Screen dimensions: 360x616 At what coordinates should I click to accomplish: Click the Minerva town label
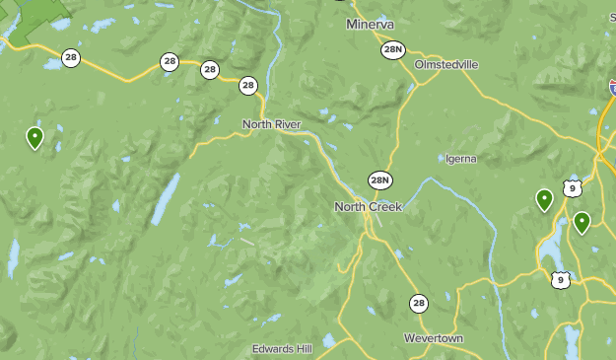pyautogui.click(x=370, y=24)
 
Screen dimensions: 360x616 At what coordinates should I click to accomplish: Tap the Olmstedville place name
pyautogui.click(x=446, y=64)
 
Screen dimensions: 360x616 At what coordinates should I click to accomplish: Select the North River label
pyautogui.click(x=271, y=124)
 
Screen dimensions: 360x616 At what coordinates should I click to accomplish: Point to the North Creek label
pyautogui.click(x=369, y=206)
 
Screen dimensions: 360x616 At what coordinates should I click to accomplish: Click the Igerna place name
pyautogui.click(x=460, y=158)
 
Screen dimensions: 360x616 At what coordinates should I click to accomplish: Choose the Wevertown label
pyautogui.click(x=433, y=338)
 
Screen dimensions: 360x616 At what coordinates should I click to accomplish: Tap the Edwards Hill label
pyautogui.click(x=282, y=349)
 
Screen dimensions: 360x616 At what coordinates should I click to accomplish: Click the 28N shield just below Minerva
pyautogui.click(x=393, y=49)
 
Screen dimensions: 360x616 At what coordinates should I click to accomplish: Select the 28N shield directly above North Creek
pyautogui.click(x=380, y=180)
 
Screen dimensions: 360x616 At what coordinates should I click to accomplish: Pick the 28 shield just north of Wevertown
pyautogui.click(x=419, y=303)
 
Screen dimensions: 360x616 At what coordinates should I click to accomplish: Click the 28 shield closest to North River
pyautogui.click(x=247, y=86)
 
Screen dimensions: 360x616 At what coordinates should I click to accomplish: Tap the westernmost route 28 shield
pyautogui.click(x=71, y=57)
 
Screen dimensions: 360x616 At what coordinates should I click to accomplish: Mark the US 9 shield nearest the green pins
pyautogui.click(x=572, y=186)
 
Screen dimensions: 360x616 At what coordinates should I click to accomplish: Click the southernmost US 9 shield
pyautogui.click(x=561, y=280)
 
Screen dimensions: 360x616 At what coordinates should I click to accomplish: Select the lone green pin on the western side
pyautogui.click(x=35, y=137)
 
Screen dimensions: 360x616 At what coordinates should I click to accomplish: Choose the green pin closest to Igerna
pyautogui.click(x=544, y=200)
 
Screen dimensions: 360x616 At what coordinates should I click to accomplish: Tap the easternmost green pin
pyautogui.click(x=582, y=222)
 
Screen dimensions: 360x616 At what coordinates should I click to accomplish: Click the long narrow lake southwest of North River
pyautogui.click(x=165, y=199)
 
